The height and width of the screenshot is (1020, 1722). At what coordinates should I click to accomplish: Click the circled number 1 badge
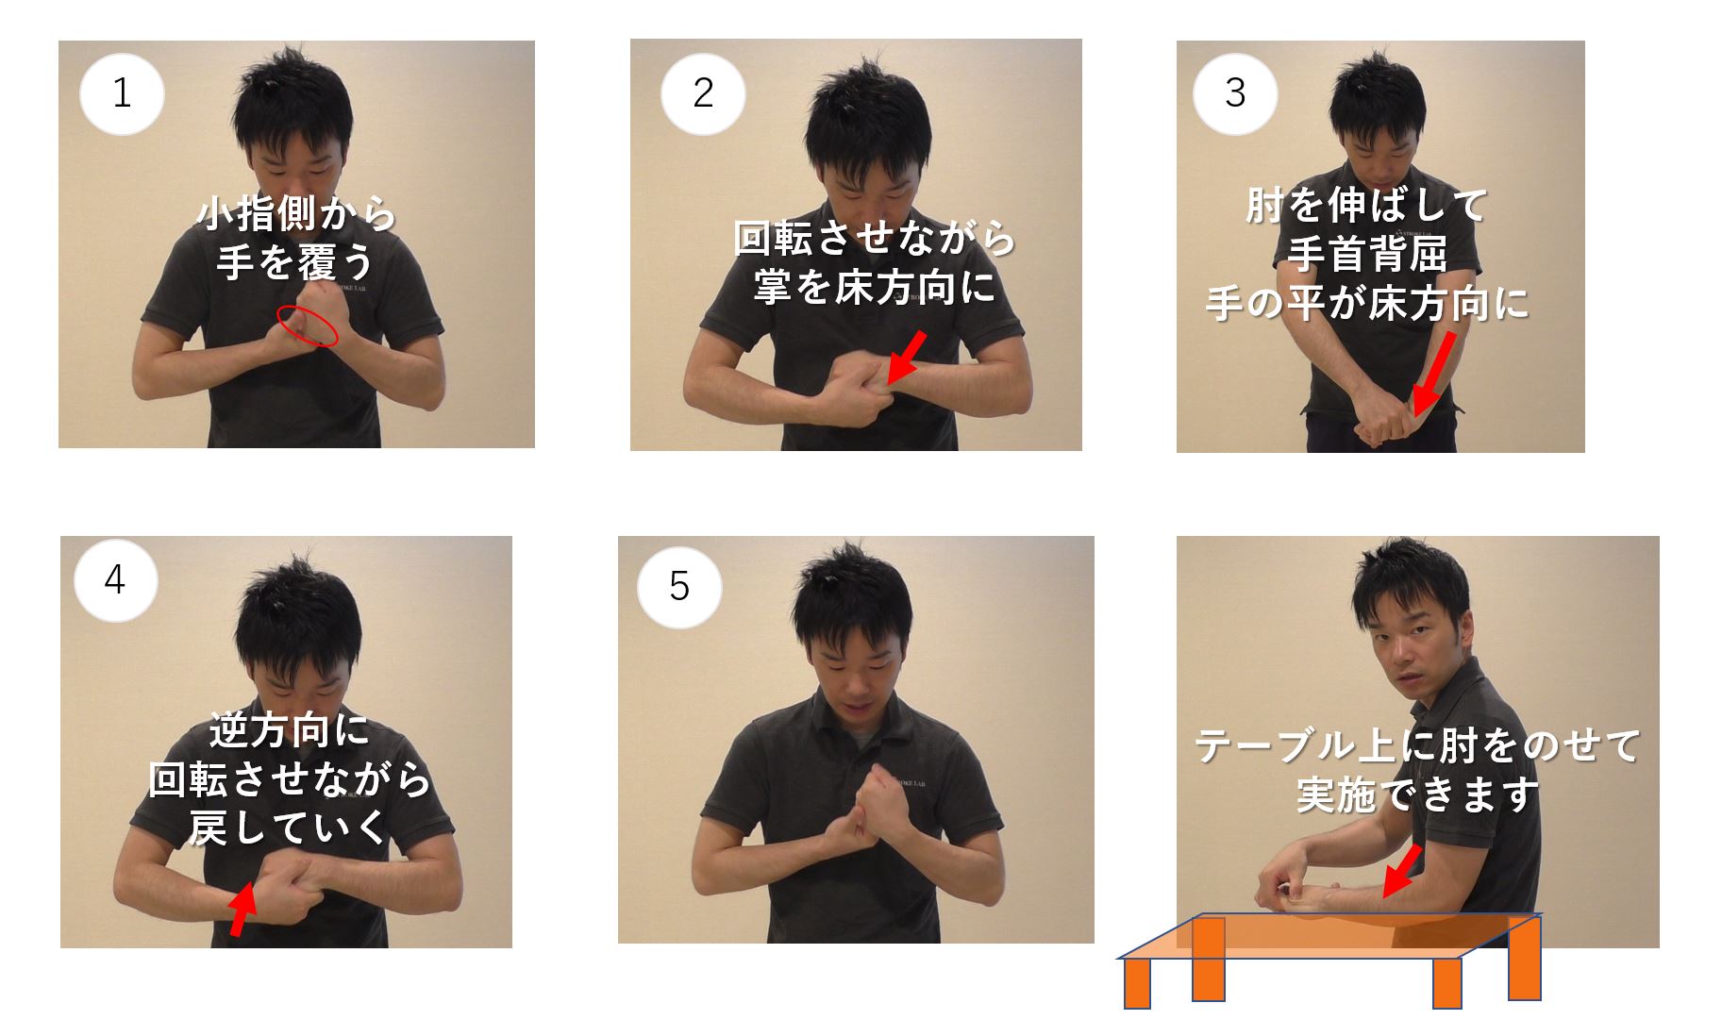[x=122, y=93]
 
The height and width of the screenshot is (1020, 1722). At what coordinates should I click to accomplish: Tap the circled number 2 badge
[x=703, y=93]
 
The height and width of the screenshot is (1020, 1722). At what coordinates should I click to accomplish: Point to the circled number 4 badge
[x=115, y=579]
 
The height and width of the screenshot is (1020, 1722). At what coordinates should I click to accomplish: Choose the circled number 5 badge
[x=679, y=587]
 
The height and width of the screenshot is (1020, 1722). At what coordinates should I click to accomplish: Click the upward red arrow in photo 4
[x=243, y=909]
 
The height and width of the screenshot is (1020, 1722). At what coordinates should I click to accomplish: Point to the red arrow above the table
[x=1401, y=871]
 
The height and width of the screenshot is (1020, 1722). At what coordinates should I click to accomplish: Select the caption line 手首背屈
[x=1366, y=254]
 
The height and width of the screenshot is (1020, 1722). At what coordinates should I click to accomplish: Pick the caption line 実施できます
[x=1417, y=794]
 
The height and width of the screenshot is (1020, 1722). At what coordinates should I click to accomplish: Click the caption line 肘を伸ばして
[x=1366, y=205]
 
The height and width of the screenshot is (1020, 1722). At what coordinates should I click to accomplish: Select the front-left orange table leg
[x=1137, y=983]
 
